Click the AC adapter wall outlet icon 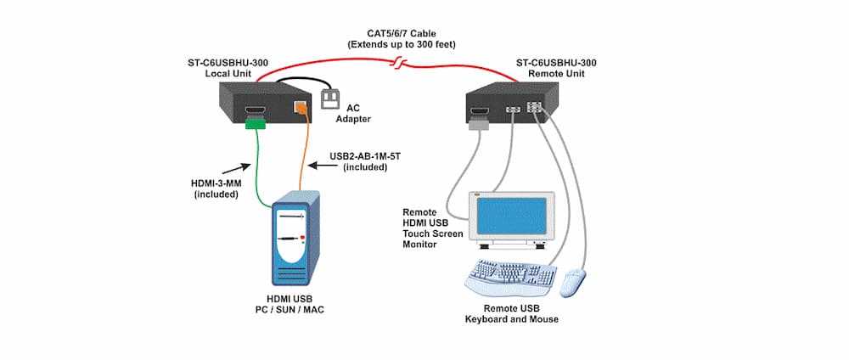[330, 100]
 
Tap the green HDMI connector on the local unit [256, 125]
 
